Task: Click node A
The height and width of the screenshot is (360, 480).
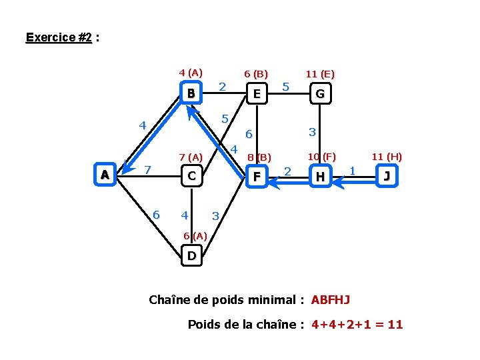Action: click(x=104, y=175)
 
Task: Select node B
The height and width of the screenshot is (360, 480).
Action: click(x=191, y=93)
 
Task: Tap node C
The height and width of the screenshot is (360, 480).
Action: click(x=191, y=176)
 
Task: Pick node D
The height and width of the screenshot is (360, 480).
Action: click(x=191, y=255)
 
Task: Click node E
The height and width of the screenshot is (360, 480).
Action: click(x=257, y=94)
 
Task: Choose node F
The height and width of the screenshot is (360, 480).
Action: click(x=256, y=177)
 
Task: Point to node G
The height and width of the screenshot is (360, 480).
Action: click(x=320, y=94)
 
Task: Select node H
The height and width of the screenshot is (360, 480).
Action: click(x=321, y=177)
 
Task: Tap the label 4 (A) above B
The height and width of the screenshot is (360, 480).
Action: click(x=191, y=72)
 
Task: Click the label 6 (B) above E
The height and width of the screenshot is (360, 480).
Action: click(x=256, y=73)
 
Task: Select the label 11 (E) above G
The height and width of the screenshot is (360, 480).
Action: click(x=320, y=74)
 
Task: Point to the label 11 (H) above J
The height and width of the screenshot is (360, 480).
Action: click(x=387, y=157)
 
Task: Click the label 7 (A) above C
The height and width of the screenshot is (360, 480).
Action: click(x=191, y=157)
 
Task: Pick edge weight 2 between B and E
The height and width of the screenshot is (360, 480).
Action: click(x=223, y=86)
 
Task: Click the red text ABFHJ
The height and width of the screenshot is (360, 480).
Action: click(x=331, y=300)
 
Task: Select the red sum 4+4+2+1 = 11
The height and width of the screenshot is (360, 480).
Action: click(x=357, y=325)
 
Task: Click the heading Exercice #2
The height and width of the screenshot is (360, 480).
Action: click(x=59, y=37)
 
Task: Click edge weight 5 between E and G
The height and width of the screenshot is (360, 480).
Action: click(x=285, y=86)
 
